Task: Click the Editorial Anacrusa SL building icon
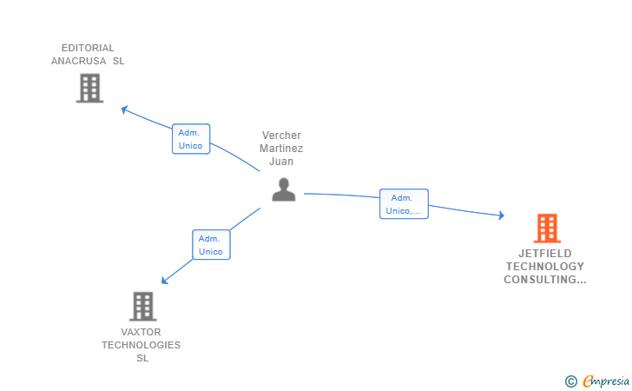89,88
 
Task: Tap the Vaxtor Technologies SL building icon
142,306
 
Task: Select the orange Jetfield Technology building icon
546,229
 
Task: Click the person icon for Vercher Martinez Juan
283,189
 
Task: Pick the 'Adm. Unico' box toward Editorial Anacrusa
191,139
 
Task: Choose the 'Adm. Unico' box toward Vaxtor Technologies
211,245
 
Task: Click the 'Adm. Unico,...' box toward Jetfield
404,203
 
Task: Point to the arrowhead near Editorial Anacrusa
125,109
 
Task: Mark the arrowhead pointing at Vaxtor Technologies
165,280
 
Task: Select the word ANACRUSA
78,61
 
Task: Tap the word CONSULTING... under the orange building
545,280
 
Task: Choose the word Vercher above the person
281,136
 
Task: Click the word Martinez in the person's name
281,149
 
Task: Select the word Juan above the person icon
281,161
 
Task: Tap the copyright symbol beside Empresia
570,381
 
